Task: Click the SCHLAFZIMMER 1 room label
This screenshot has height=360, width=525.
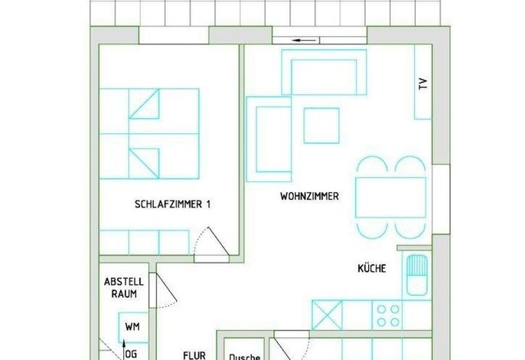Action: coord(172,205)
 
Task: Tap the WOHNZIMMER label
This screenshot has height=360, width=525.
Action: coord(309,196)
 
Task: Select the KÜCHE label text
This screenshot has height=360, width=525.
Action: coord(372,268)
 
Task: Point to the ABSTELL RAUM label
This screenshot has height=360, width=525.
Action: coord(124,287)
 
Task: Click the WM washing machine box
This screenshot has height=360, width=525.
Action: coord(132,327)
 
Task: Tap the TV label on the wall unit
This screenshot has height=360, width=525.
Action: coord(423,83)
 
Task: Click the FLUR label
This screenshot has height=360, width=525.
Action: coord(194,355)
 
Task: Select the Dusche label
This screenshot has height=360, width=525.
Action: coord(244,357)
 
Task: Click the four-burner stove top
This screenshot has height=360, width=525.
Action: coord(388,316)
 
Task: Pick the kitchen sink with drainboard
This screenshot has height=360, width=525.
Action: coord(417,274)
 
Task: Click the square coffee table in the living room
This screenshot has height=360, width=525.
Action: coord(321,126)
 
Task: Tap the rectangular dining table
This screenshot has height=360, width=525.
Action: coord(391,198)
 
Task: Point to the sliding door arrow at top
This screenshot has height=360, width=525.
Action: coord(305,41)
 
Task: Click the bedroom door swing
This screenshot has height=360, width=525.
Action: coord(211,242)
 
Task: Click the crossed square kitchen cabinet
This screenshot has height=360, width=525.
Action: coord(327,315)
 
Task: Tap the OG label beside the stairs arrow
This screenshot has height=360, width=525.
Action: coord(131,354)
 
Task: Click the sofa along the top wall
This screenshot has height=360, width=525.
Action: coord(324,72)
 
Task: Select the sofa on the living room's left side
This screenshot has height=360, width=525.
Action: coord(269,139)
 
